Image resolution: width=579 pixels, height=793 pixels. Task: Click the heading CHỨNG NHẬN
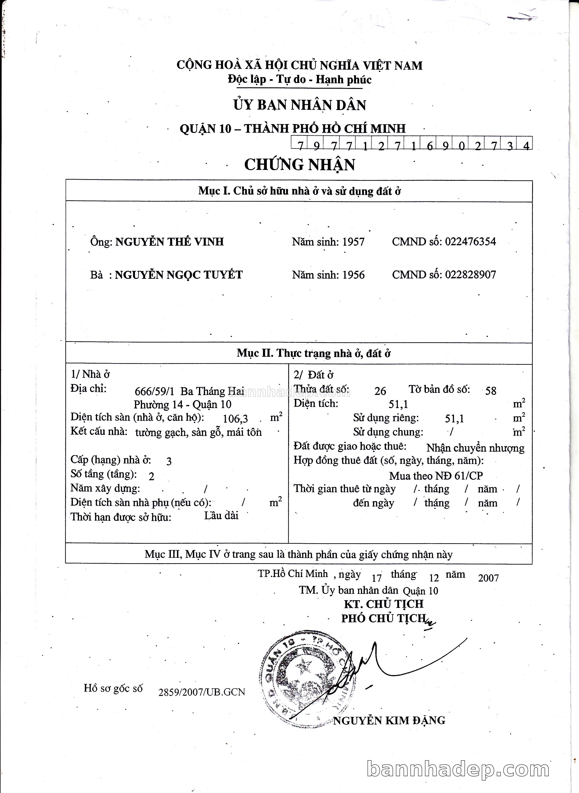point(300,165)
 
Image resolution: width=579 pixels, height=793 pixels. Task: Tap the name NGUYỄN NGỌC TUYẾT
point(179,275)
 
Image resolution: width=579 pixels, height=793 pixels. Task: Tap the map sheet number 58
point(491,391)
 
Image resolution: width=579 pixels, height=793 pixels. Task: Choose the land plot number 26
point(380,391)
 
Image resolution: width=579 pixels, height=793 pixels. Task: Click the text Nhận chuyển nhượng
point(475,448)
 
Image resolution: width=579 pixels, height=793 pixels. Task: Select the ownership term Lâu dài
point(221,515)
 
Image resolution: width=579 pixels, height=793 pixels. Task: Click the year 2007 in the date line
point(488,578)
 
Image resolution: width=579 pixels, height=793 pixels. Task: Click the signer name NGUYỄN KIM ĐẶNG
point(389,720)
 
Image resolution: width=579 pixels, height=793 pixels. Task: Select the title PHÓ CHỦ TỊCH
point(383,619)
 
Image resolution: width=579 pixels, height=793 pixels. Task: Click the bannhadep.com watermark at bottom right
point(458,769)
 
